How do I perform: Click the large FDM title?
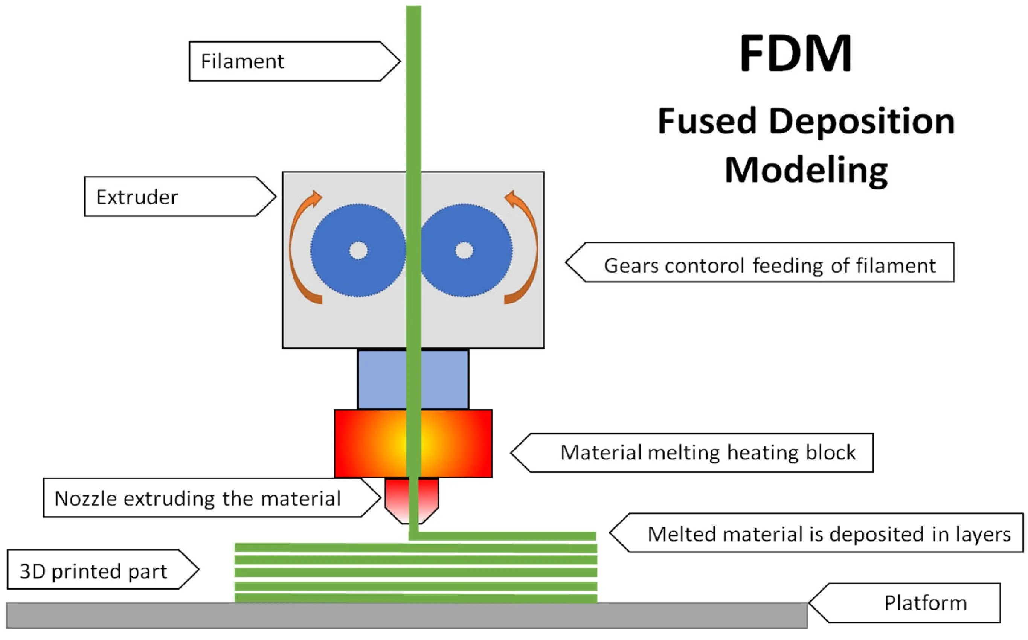795,54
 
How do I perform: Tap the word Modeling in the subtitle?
806,170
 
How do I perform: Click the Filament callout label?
242,61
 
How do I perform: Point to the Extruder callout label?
137,197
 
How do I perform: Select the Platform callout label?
925,603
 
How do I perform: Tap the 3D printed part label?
93,571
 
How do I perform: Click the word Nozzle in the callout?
86,498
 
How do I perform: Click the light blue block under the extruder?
381,379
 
